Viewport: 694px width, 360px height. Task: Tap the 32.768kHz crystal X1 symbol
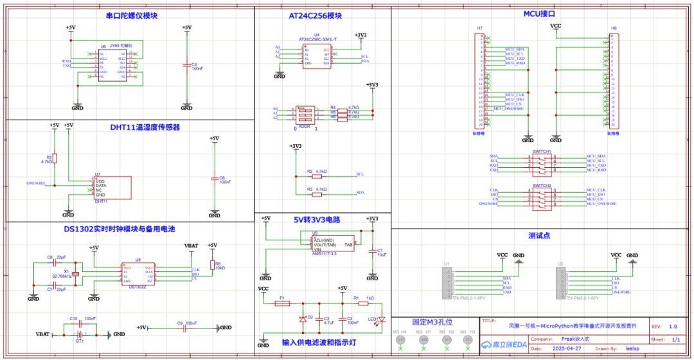pyautogui.click(x=75, y=274)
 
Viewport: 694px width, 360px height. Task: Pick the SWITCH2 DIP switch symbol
pyautogui.click(x=541, y=197)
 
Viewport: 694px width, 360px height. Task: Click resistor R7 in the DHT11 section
pyautogui.click(x=55, y=158)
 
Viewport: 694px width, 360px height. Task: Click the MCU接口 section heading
pyautogui.click(x=538, y=14)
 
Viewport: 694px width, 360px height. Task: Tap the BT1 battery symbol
pyautogui.click(x=80, y=334)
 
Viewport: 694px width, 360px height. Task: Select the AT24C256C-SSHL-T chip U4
pyautogui.click(x=317, y=56)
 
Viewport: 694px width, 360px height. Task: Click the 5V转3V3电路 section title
pyautogui.click(x=317, y=219)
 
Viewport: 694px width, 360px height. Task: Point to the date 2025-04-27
pyautogui.click(x=569, y=349)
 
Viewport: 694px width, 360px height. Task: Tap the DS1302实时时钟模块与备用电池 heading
pyautogui.click(x=120, y=229)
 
